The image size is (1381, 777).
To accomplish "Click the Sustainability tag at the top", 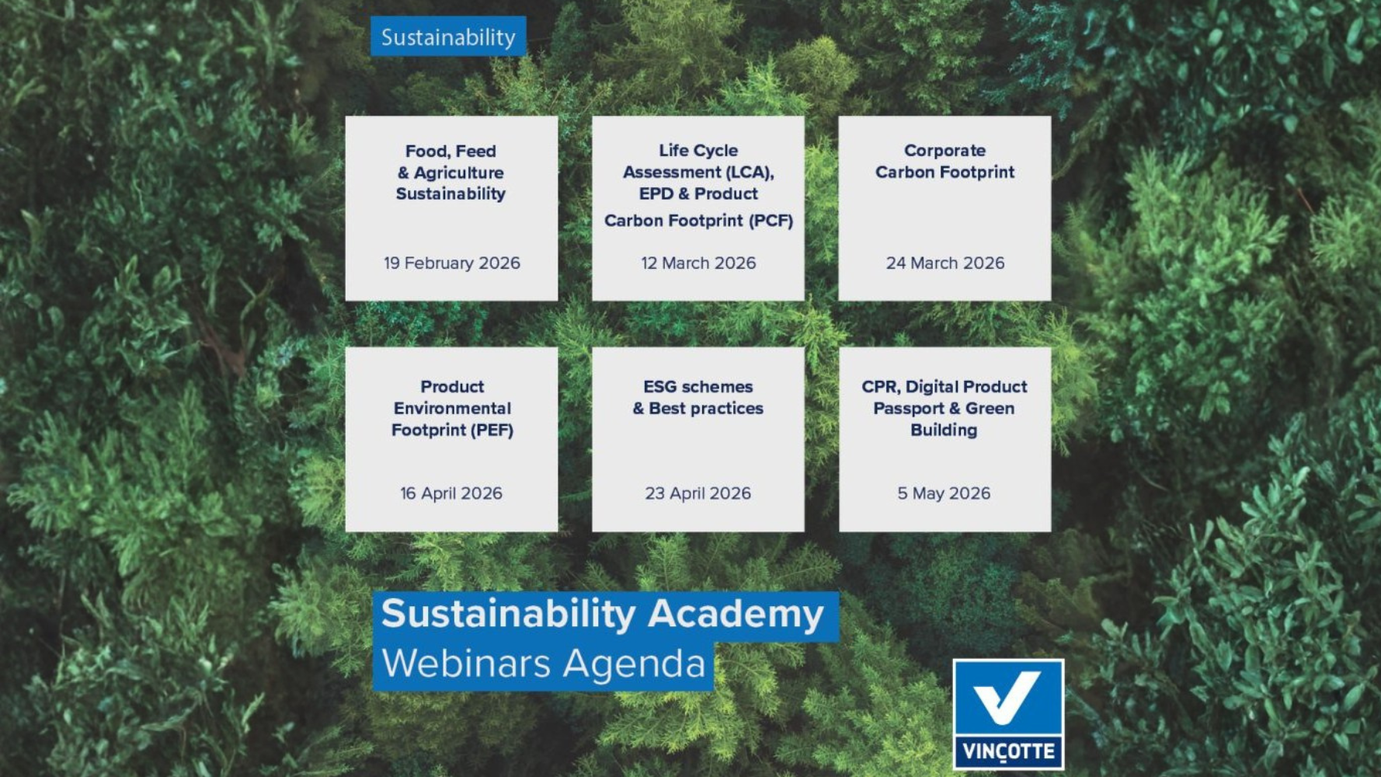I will (448, 37).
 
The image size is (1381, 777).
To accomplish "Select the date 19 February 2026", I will (451, 263).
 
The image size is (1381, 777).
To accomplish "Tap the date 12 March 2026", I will (697, 263).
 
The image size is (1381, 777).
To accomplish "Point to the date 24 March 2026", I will (944, 263).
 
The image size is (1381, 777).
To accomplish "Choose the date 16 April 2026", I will (450, 493).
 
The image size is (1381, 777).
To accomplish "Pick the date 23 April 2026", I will (697, 493).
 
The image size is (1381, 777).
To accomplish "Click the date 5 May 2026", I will (944, 493).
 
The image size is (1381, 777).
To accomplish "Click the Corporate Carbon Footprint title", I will (944, 161).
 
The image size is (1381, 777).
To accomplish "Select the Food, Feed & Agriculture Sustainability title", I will (450, 172).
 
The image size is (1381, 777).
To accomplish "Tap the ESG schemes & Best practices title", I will (697, 397).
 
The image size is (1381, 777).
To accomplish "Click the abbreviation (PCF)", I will (771, 221).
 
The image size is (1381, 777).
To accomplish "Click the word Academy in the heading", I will (735, 614).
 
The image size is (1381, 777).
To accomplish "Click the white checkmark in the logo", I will (1007, 697).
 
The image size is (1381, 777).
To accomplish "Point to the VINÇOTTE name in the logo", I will (1008, 751).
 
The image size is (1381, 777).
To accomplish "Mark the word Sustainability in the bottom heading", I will (508, 614).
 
